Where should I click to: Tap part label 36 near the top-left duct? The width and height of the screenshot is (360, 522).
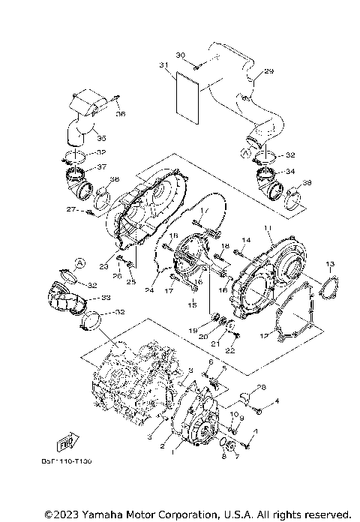click(x=121, y=114)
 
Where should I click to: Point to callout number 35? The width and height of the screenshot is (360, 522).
click(x=101, y=139)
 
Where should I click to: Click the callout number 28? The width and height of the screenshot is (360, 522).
click(x=261, y=388)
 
